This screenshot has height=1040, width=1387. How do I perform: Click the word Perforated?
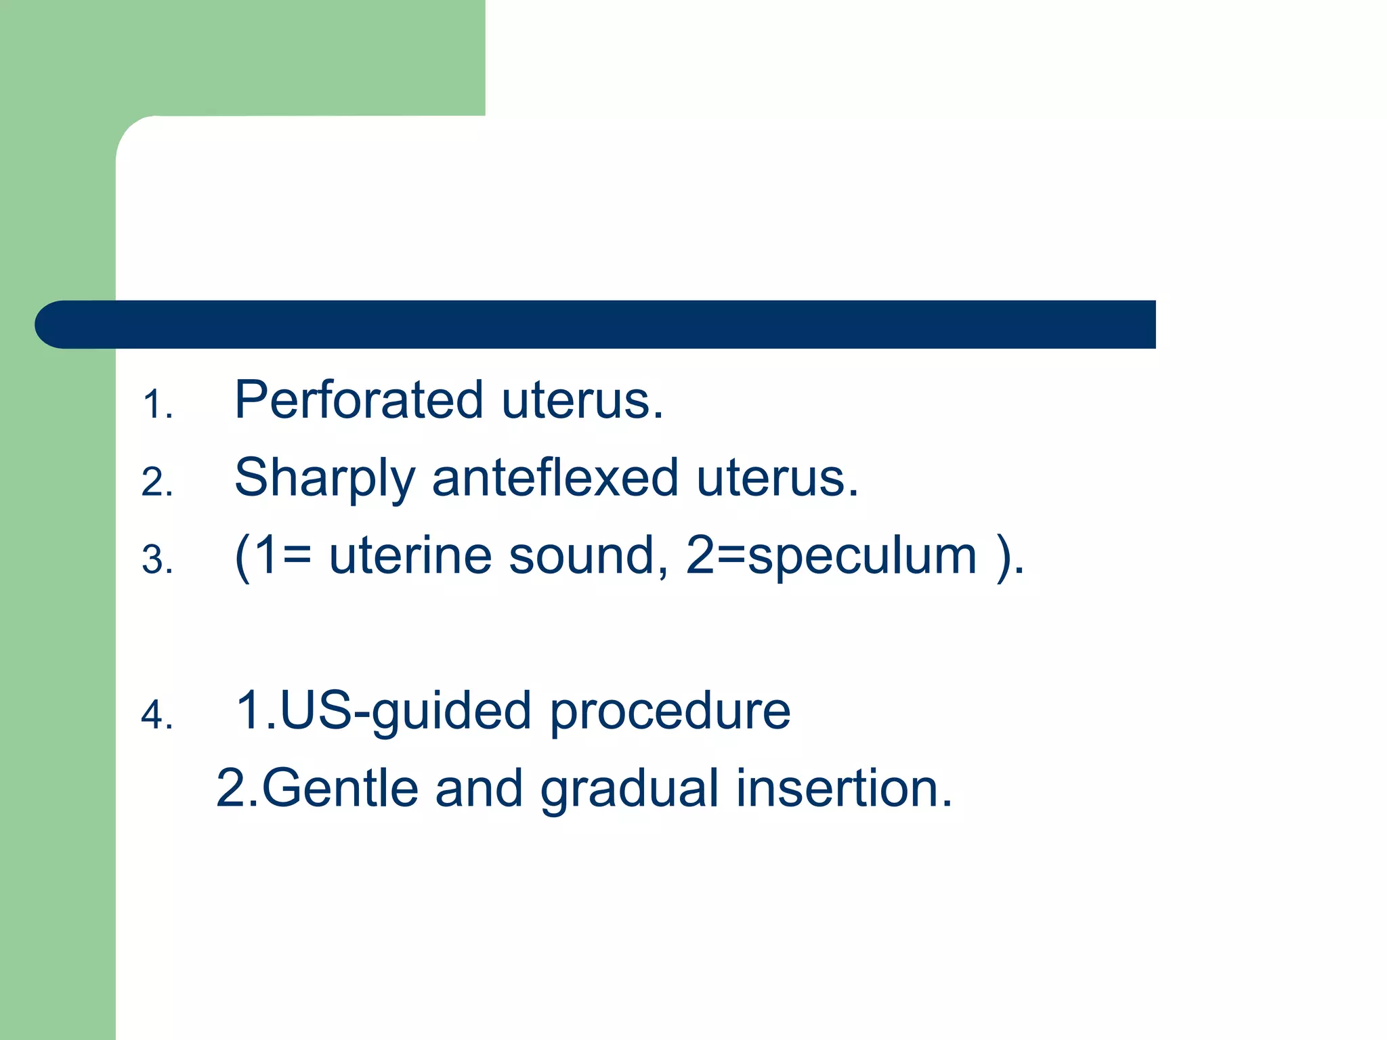359,400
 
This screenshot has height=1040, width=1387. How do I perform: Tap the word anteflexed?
555,478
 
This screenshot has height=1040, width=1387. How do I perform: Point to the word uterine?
410,556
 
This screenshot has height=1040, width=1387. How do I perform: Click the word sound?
589,556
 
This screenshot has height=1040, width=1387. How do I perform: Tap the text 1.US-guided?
383,712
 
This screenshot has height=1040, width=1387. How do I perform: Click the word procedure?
669,713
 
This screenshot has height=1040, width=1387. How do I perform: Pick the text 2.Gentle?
317,789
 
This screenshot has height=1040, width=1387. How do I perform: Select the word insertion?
843,789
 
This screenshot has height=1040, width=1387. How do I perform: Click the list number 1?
157,405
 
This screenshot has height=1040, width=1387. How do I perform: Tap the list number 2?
157,483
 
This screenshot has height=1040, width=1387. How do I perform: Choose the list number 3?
157,561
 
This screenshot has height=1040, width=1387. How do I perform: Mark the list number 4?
157,716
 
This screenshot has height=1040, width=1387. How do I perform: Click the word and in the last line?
478,789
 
